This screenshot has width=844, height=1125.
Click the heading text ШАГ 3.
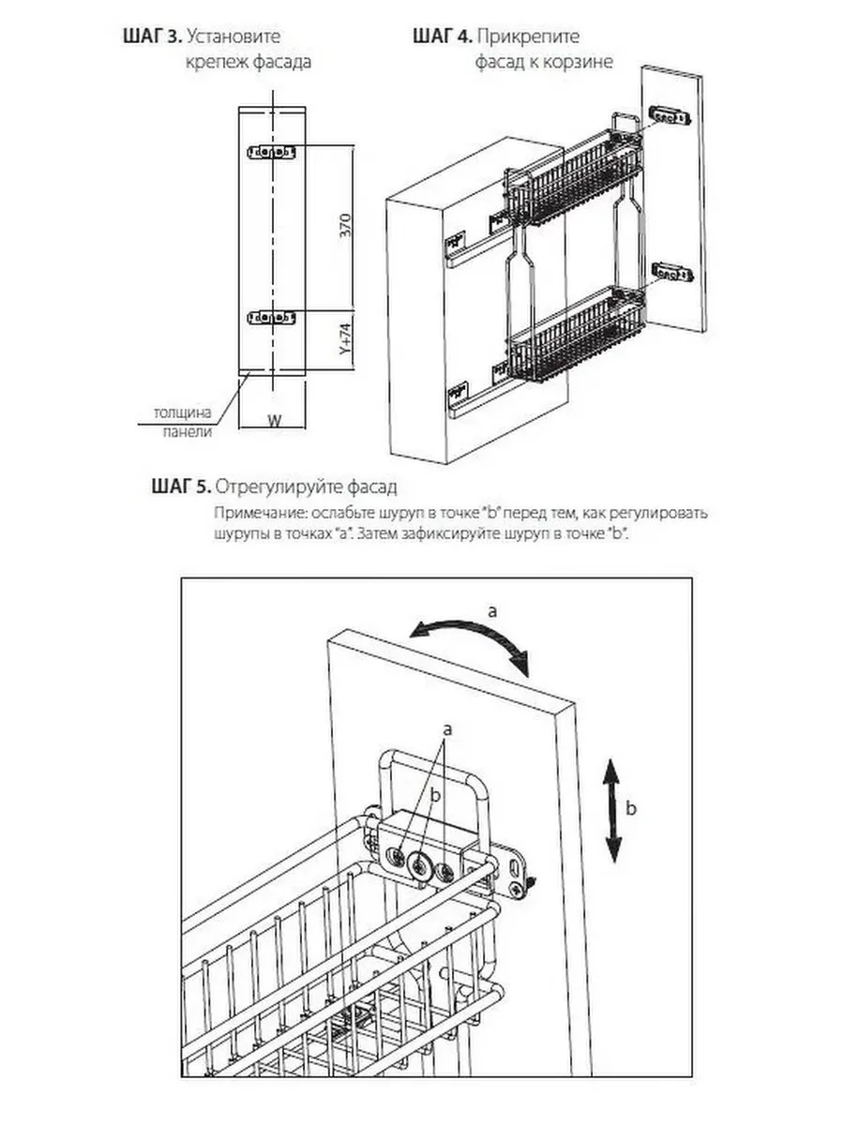[x=152, y=37]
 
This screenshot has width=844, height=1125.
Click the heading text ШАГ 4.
[x=442, y=37]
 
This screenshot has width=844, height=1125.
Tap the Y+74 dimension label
[x=345, y=343]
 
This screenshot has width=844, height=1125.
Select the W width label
[x=274, y=421]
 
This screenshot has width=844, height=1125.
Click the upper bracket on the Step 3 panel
[x=270, y=152]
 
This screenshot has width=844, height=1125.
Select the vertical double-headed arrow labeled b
[x=612, y=810]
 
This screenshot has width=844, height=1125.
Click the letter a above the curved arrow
[x=492, y=610]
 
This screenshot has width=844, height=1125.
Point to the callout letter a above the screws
[x=447, y=727]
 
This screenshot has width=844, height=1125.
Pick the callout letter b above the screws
[x=433, y=793]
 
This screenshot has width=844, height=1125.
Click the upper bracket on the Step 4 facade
[x=670, y=117]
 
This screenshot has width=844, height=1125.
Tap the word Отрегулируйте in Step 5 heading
[x=270, y=487]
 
